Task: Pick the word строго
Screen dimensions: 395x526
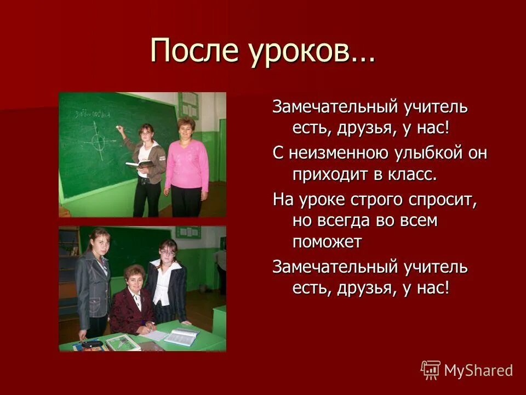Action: coord(378,200)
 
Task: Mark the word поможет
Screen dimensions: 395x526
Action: coord(327,242)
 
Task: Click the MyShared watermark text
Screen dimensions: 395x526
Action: coord(478,370)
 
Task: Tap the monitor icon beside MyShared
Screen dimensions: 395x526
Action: coord(431,370)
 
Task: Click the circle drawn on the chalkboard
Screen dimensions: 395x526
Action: coord(99,142)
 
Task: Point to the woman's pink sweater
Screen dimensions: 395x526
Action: coord(187,165)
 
